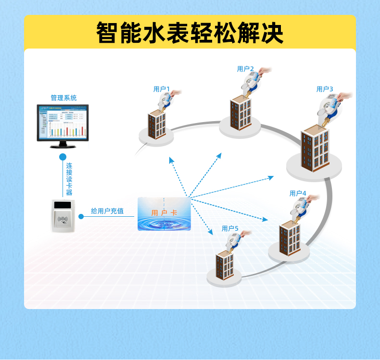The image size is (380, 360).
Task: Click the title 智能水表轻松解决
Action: tap(190, 32)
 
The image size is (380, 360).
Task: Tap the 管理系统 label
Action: tap(63, 98)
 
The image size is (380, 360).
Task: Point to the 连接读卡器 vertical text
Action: tap(69, 179)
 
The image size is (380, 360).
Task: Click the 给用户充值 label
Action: tap(107, 211)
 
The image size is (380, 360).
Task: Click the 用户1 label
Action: tap(162, 89)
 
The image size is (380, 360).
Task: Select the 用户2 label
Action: tap(245, 69)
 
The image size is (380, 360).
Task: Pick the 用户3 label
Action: tap(325, 89)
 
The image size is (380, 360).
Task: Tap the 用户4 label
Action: tap(298, 193)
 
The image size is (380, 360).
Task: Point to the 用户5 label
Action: tap(230, 228)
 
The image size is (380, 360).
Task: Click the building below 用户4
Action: tap(290, 238)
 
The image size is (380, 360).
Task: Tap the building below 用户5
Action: tap(225, 269)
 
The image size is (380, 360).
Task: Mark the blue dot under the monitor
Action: tap(63, 157)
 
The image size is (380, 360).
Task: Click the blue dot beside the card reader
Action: tap(81, 216)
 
